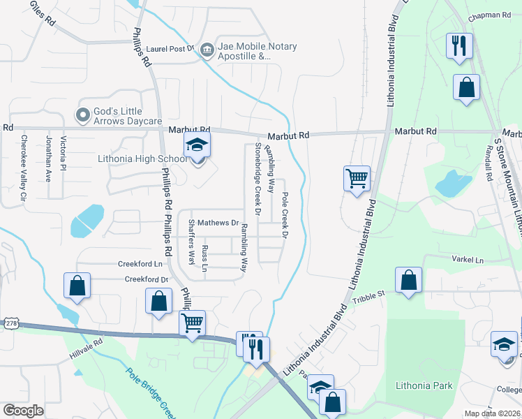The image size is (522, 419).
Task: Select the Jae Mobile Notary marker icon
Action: click(x=207, y=49)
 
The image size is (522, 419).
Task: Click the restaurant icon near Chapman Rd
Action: click(x=459, y=46)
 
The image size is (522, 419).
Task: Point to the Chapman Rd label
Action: click(x=491, y=15)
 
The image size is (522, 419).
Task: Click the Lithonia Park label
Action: click(x=424, y=385)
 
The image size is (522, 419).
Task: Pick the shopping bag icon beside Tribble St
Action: click(x=408, y=281)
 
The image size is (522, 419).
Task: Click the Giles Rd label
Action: click(x=41, y=12)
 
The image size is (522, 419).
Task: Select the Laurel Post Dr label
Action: click(x=170, y=50)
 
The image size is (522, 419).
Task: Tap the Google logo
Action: click(x=23, y=411)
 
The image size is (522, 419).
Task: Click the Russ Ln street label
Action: click(x=204, y=259)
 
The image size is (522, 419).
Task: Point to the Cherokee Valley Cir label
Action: click(x=23, y=168)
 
